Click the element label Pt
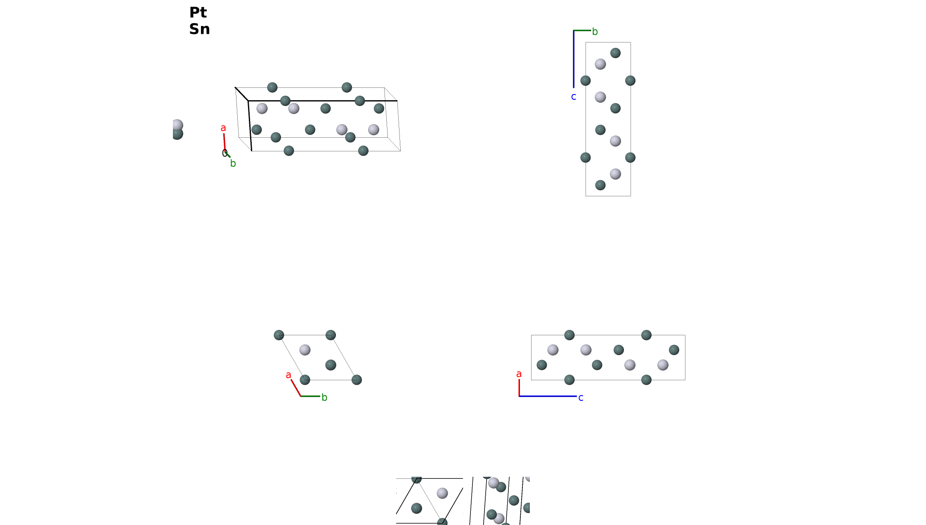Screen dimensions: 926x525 point(198,12)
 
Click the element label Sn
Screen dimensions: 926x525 point(200,29)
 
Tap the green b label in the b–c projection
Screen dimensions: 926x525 point(595,32)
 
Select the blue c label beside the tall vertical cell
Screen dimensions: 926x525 point(574,97)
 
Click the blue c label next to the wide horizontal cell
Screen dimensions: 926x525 point(581,398)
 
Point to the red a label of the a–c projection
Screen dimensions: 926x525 point(519,374)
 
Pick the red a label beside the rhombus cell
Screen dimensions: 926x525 point(288,375)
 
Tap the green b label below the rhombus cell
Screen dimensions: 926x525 point(324,398)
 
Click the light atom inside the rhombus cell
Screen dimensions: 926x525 point(305,350)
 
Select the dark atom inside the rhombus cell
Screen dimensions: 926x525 point(331,365)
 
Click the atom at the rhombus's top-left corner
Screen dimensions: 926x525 point(279,335)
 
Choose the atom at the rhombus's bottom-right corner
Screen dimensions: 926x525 point(357,380)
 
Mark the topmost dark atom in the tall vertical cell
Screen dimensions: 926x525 point(615,53)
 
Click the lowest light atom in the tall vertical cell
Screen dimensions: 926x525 point(615,174)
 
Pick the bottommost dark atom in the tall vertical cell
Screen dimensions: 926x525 point(600,185)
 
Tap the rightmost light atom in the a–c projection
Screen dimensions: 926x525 point(663,365)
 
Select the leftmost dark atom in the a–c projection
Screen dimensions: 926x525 point(542,365)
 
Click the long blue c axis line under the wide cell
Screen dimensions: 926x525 point(548,396)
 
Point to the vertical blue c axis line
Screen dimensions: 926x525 point(574,59)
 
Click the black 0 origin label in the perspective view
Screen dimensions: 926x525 point(224,153)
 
